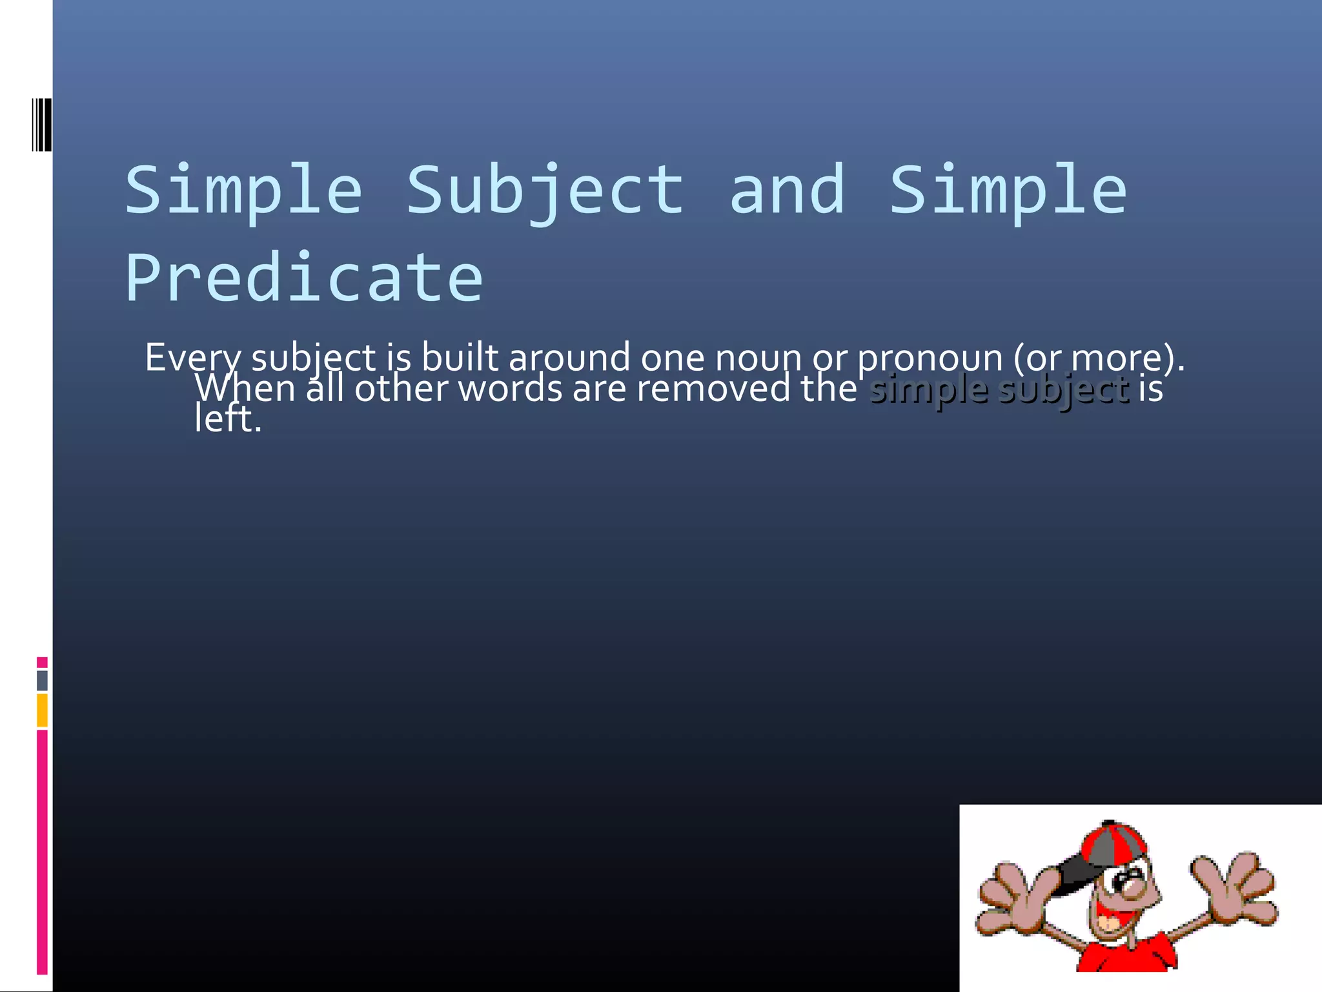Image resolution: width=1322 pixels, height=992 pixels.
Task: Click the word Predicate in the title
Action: (303, 278)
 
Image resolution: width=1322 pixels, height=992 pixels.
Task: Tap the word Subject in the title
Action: (545, 191)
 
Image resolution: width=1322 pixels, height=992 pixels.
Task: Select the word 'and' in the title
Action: (787, 191)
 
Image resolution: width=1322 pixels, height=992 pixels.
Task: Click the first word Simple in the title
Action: (243, 191)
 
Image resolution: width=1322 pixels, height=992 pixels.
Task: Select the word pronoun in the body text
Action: (930, 358)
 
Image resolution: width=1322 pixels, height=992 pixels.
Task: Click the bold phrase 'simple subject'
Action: (999, 389)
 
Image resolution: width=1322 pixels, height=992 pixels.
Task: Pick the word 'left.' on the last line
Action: (228, 419)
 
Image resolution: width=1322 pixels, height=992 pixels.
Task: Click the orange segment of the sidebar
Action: (42, 710)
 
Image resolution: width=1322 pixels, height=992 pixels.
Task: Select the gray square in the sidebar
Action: (42, 680)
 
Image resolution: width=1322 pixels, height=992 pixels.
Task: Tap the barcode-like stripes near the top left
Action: (42, 125)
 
